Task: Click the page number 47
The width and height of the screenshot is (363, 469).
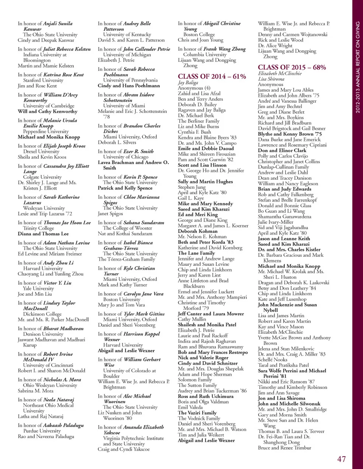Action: point(341,459)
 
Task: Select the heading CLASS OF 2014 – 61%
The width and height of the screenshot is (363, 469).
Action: point(212,76)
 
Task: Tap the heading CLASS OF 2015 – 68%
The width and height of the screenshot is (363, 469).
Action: point(292,67)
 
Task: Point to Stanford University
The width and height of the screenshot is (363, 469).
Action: point(43,80)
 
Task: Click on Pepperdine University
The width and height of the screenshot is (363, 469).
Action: point(46,131)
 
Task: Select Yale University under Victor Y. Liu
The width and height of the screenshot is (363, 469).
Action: point(38,288)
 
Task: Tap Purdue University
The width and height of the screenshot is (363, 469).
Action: point(42,430)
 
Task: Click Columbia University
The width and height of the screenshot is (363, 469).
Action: point(205,54)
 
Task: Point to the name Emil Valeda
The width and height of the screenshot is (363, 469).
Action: point(190,407)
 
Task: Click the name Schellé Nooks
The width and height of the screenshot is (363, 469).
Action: point(273,359)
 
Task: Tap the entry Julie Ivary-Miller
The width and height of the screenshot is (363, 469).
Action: point(275,222)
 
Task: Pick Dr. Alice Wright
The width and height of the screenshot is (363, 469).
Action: point(275,45)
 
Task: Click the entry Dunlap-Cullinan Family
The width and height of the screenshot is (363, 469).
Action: point(283,167)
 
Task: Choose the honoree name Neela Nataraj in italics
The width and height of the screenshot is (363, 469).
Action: point(59,400)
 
